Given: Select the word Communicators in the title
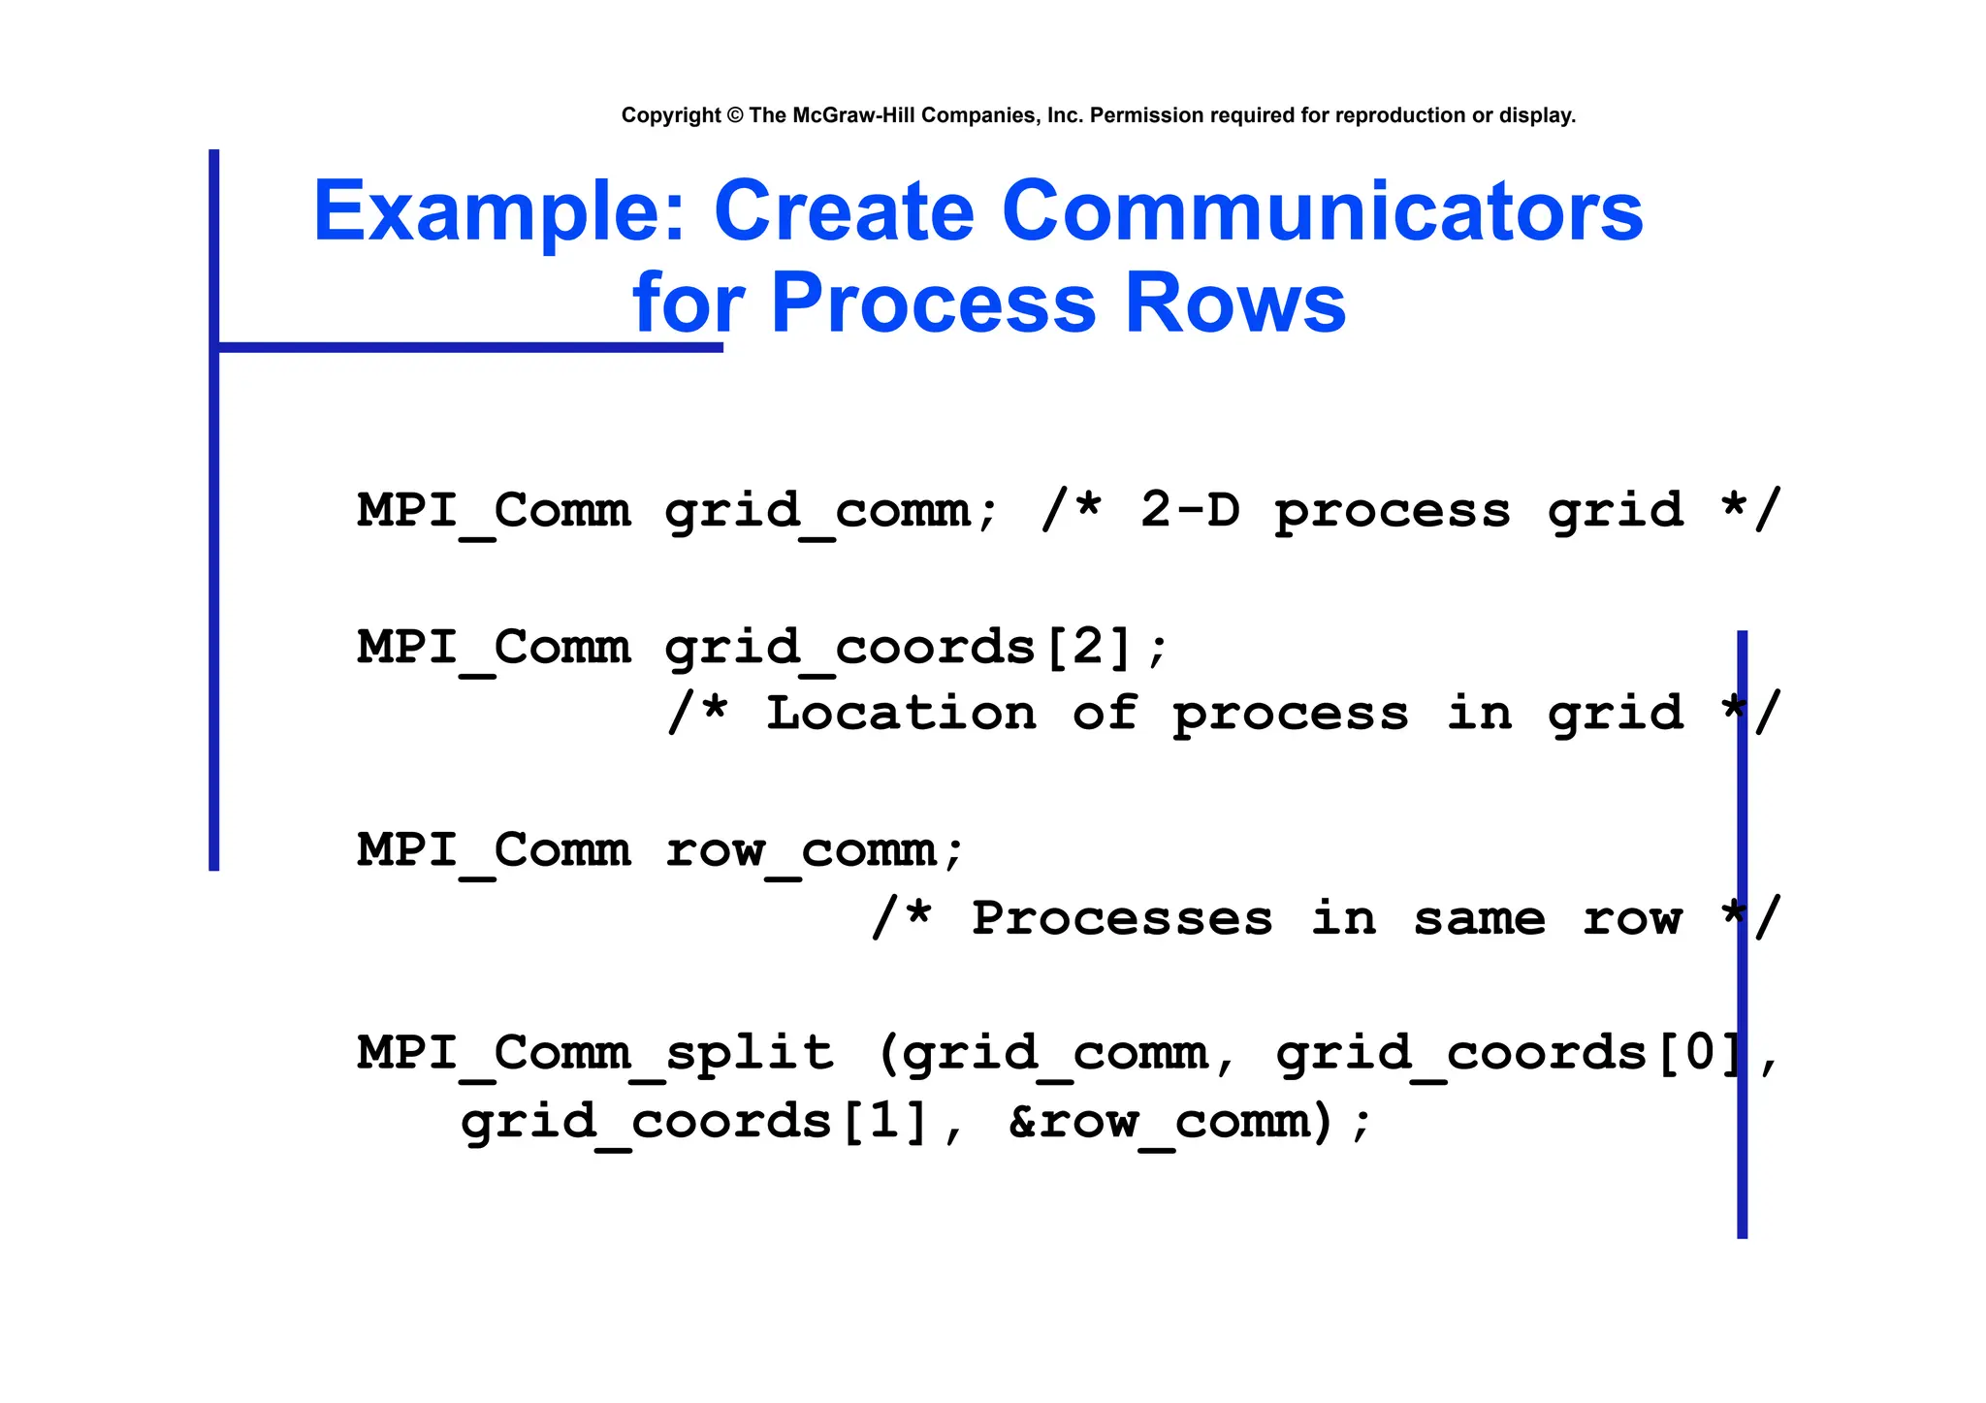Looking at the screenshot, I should (1322, 211).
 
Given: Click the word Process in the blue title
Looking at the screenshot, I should (933, 303).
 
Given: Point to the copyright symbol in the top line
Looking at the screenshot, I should (734, 115).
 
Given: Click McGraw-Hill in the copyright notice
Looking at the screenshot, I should (853, 115).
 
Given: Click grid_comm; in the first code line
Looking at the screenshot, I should (831, 511).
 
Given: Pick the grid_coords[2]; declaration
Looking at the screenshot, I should (916, 647).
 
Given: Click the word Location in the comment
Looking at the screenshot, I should (901, 714).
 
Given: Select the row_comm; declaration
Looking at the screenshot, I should (815, 850).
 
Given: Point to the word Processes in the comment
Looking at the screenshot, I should (1122, 917).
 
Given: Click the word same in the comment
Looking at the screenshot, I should (1479, 917).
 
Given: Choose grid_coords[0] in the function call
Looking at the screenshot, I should (1509, 1054).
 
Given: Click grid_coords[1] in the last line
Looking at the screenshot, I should (694, 1122).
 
